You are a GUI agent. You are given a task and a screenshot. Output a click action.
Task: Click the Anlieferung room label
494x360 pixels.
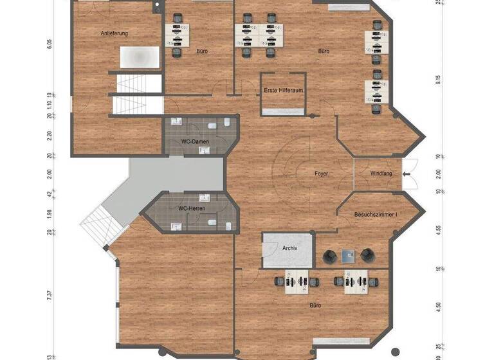coord(114,33)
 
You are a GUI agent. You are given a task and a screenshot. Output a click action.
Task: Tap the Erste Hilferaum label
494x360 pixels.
coord(283,91)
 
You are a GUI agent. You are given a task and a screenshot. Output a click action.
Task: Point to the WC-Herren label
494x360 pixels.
coord(191,209)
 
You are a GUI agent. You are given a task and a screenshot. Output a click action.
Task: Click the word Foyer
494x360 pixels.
coord(321,174)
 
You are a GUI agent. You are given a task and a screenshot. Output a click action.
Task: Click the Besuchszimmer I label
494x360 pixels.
coord(376,215)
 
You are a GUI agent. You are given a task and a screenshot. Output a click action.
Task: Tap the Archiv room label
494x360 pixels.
coord(289,248)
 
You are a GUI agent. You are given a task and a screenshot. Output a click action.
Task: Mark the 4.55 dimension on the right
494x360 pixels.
coord(438,230)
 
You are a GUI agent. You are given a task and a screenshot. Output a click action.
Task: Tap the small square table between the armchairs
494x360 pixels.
coord(349,255)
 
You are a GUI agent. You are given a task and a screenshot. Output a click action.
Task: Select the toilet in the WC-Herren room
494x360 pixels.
coord(211,223)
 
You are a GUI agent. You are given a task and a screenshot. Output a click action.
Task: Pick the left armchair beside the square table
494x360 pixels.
coord(329,256)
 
